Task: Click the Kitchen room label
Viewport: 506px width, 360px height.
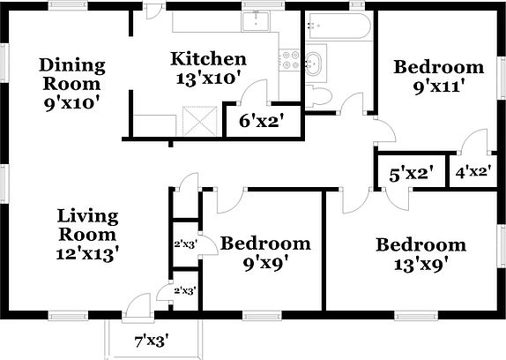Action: pyautogui.click(x=208, y=59)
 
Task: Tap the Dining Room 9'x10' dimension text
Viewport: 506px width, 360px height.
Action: pyautogui.click(x=71, y=103)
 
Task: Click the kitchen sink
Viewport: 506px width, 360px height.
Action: pyautogui.click(x=256, y=21)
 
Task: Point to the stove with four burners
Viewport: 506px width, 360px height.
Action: pyautogui.click(x=290, y=60)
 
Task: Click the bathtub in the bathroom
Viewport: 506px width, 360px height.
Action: pyautogui.click(x=338, y=26)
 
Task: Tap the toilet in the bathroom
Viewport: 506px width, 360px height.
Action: pyautogui.click(x=318, y=96)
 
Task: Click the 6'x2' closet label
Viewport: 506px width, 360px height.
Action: pyautogui.click(x=259, y=122)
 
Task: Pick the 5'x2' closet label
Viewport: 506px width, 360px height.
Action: pyautogui.click(x=410, y=175)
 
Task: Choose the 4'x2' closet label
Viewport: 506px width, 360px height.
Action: pyautogui.click(x=473, y=171)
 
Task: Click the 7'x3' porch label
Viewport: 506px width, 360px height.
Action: pyautogui.click(x=152, y=341)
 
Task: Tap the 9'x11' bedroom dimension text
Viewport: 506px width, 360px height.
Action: pyautogui.click(x=439, y=87)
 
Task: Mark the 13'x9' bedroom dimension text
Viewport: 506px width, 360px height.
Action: pyautogui.click(x=420, y=266)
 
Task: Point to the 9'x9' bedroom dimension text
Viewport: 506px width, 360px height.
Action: pyautogui.click(x=265, y=264)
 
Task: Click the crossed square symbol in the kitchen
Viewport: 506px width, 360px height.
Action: pyautogui.click(x=200, y=121)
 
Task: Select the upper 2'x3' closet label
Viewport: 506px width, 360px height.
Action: pyautogui.click(x=185, y=244)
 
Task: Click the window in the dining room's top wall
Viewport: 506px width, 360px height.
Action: pyautogui.click(x=68, y=4)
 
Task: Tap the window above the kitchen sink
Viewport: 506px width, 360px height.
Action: pyautogui.click(x=263, y=4)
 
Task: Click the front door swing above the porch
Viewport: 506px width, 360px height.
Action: pyautogui.click(x=138, y=304)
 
